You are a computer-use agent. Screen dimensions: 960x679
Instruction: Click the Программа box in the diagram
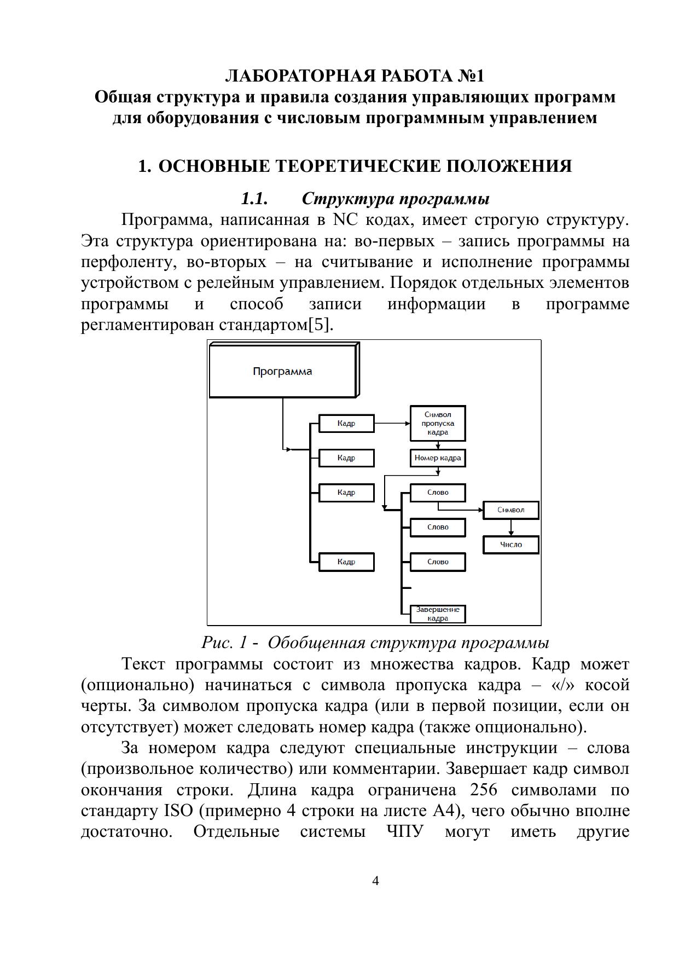(x=282, y=372)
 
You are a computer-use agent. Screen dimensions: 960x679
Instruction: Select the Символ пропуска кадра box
(x=438, y=423)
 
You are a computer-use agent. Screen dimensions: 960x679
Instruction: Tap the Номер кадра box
(x=438, y=458)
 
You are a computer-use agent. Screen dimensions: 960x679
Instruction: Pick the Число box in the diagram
(x=510, y=545)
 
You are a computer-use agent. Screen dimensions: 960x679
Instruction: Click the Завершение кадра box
(x=438, y=614)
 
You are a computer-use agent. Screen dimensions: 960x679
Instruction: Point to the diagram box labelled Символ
(x=510, y=510)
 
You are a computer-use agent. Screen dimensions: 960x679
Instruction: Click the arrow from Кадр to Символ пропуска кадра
(x=392, y=423)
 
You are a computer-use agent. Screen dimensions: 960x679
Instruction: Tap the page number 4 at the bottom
(x=375, y=881)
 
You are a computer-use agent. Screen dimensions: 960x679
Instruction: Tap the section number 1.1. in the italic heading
(x=254, y=198)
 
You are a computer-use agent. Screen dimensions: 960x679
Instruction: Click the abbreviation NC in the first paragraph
(x=345, y=220)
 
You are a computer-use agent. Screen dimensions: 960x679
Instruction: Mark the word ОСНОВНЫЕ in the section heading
(x=209, y=166)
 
